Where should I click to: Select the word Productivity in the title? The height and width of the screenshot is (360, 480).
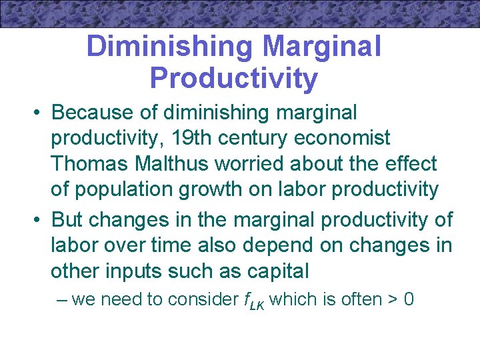(x=234, y=78)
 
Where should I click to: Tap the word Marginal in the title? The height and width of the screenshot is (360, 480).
(x=322, y=47)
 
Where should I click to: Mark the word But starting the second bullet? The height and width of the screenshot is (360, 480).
(x=69, y=219)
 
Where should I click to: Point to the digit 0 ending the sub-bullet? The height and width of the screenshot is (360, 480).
(x=408, y=300)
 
